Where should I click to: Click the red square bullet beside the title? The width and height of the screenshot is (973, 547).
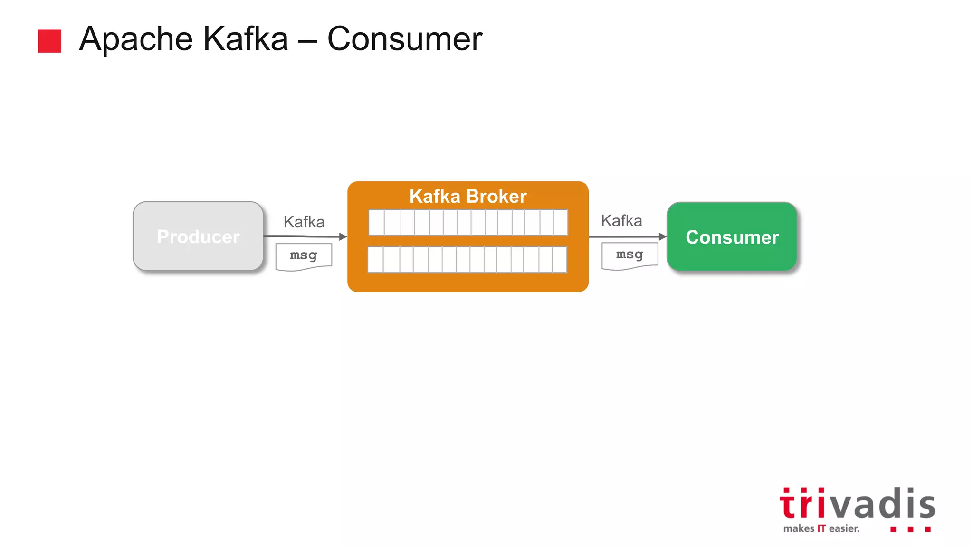(49, 41)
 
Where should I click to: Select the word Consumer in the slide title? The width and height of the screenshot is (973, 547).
(405, 39)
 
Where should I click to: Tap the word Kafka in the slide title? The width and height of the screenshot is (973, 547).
(246, 39)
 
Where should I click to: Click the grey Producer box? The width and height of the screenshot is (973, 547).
(198, 236)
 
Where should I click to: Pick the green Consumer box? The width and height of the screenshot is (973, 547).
(732, 236)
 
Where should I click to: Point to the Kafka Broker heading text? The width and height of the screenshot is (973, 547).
(468, 196)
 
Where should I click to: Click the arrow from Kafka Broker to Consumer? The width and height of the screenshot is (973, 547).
(627, 236)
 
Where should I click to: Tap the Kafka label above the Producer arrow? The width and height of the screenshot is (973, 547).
(304, 222)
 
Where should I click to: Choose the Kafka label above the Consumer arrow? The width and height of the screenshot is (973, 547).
(621, 221)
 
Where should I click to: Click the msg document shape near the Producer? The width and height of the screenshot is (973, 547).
(304, 256)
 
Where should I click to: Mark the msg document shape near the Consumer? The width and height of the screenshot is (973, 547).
(630, 255)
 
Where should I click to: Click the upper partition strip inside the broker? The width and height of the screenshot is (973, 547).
(468, 222)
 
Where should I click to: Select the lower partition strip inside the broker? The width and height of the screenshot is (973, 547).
(467, 259)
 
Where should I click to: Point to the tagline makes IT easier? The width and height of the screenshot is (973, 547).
(821, 528)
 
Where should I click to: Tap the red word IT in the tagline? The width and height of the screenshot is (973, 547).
(821, 528)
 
